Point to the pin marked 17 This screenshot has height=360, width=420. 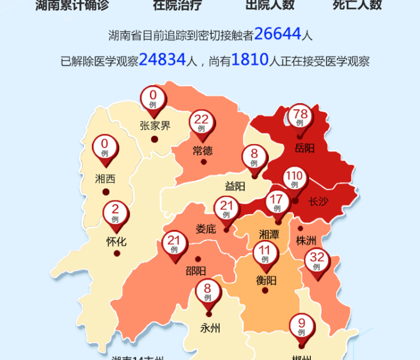click(277, 202)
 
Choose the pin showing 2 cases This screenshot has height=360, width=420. click(115, 212)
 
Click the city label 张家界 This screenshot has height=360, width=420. click(155, 126)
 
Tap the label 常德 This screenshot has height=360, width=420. click(203, 151)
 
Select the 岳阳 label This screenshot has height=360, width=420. click(305, 148)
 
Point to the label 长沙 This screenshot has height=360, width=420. click(319, 202)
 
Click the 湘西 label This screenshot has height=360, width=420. click(105, 179)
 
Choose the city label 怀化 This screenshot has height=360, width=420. click(116, 242)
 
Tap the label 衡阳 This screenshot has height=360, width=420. click(266, 280)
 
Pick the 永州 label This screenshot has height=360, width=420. click(210, 328)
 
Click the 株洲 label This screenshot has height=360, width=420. click(306, 241)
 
